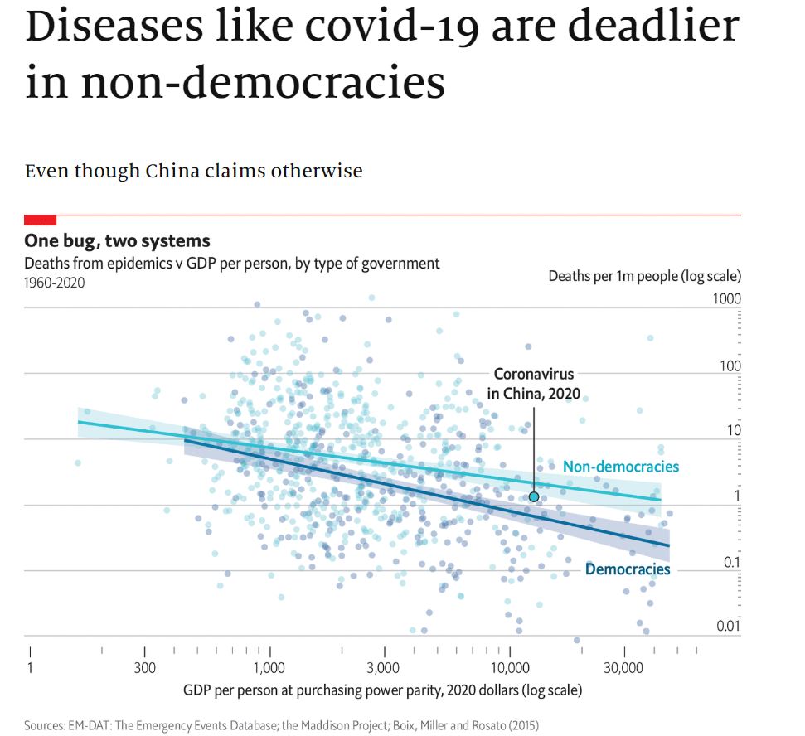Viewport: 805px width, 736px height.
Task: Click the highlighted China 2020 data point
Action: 534,496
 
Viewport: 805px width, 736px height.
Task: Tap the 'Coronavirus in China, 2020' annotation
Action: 534,384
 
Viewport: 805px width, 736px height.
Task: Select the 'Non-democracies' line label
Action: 620,467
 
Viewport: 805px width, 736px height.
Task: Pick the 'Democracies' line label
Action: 628,569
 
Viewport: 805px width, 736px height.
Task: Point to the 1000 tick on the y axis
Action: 727,298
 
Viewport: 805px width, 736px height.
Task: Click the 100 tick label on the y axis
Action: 730,366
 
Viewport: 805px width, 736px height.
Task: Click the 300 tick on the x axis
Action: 144,668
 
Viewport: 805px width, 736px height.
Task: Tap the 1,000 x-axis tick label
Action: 269,668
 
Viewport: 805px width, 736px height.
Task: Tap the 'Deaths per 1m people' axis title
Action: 644,276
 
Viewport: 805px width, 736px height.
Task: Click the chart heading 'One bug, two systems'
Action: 117,241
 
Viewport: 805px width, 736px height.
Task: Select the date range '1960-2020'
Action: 54,282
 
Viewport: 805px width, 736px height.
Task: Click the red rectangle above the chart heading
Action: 41,220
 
